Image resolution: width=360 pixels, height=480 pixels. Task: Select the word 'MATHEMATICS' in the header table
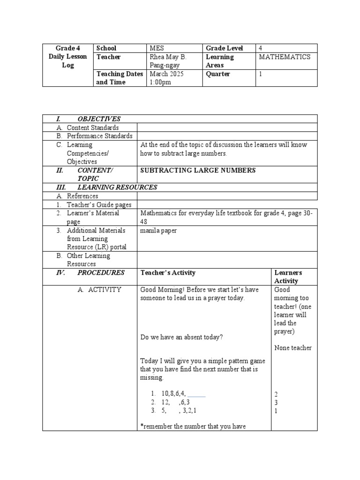tap(285, 57)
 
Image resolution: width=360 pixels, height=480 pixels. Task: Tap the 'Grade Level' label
tap(224, 48)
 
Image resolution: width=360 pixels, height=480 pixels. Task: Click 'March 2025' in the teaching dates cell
tap(167, 74)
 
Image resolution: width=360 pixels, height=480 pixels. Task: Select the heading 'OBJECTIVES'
tap(99, 119)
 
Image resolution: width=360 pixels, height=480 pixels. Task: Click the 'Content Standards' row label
tap(92, 127)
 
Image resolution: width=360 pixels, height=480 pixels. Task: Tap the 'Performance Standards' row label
tap(99, 136)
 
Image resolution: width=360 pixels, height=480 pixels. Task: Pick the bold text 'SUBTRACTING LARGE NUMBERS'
tap(198, 170)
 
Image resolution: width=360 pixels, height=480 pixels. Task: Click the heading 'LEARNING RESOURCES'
tap(117, 187)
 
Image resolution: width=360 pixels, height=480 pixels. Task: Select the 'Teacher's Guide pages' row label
tap(99, 204)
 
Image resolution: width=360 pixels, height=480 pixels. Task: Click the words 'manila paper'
tap(158, 231)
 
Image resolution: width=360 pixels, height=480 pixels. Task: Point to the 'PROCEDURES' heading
tap(101, 272)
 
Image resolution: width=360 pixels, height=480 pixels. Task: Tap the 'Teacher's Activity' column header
tap(168, 272)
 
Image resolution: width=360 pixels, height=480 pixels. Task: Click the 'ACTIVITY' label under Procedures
tap(105, 290)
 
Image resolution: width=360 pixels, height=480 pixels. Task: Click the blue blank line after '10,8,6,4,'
tap(196, 394)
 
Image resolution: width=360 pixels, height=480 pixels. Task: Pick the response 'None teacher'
tap(293, 348)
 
